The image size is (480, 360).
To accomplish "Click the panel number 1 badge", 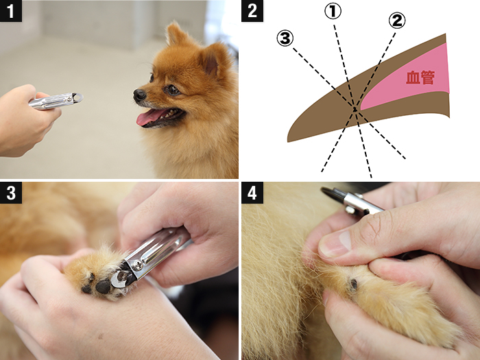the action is pyautogui.click(x=11, y=11).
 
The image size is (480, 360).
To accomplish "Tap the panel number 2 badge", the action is pyautogui.click(x=252, y=11).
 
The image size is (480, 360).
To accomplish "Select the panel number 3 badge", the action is pyautogui.click(x=11, y=193).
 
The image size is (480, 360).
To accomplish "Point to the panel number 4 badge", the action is pyautogui.click(x=252, y=193).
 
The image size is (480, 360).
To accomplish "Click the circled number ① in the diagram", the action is pyautogui.click(x=333, y=12).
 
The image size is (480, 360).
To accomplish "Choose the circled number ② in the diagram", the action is pyautogui.click(x=397, y=21).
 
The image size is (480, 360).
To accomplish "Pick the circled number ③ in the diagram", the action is pyautogui.click(x=285, y=38).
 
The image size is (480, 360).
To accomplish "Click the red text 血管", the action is pyautogui.click(x=420, y=77).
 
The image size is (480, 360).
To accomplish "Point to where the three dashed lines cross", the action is pyautogui.click(x=355, y=109).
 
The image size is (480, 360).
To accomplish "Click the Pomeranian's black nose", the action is pyautogui.click(x=139, y=95).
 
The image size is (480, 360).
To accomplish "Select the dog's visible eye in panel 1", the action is pyautogui.click(x=173, y=90).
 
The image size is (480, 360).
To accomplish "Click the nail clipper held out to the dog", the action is pyautogui.click(x=56, y=101).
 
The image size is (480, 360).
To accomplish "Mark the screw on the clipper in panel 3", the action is pyautogui.click(x=139, y=265).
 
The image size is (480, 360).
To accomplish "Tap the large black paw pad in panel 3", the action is pyautogui.click(x=103, y=287).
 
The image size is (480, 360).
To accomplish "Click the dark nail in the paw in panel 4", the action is pyautogui.click(x=354, y=285).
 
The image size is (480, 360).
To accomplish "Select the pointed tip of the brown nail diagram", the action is pyautogui.click(x=288, y=141).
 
